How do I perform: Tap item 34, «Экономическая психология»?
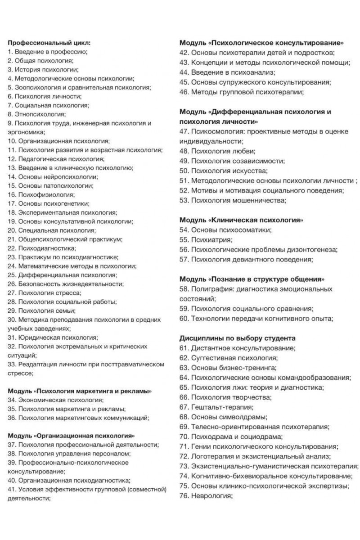(x=56, y=400)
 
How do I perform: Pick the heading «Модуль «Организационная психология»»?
(x=72, y=436)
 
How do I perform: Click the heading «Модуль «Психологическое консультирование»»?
(x=261, y=43)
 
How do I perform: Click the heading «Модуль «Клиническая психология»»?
(x=241, y=220)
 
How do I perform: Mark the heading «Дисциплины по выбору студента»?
(x=237, y=337)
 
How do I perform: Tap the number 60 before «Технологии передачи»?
(x=183, y=319)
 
